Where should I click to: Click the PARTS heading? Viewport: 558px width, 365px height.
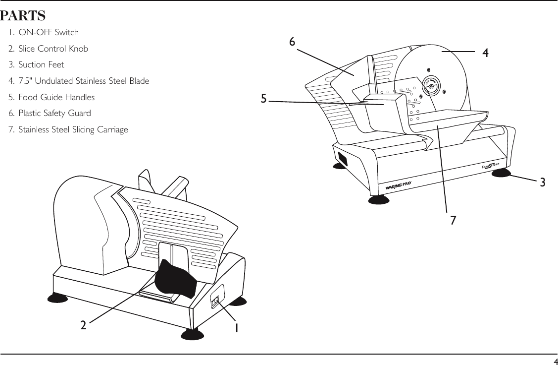[x=23, y=16]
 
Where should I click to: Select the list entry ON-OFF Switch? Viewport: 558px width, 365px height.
[x=44, y=33]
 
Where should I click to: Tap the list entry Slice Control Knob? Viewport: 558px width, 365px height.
[x=49, y=49]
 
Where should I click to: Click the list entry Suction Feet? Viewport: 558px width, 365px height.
[x=37, y=64]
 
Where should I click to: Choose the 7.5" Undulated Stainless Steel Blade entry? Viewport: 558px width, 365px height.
[x=79, y=81]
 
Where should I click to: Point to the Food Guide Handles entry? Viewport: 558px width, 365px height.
[x=52, y=97]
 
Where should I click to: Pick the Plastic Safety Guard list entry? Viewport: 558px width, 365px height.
[x=50, y=113]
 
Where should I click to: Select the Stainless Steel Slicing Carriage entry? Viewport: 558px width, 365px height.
[x=68, y=129]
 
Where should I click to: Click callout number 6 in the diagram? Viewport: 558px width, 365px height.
[x=292, y=43]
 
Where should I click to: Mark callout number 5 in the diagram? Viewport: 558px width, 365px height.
[x=264, y=99]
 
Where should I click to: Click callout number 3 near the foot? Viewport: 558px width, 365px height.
[x=543, y=182]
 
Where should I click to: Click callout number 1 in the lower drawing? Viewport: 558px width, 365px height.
[x=237, y=328]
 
